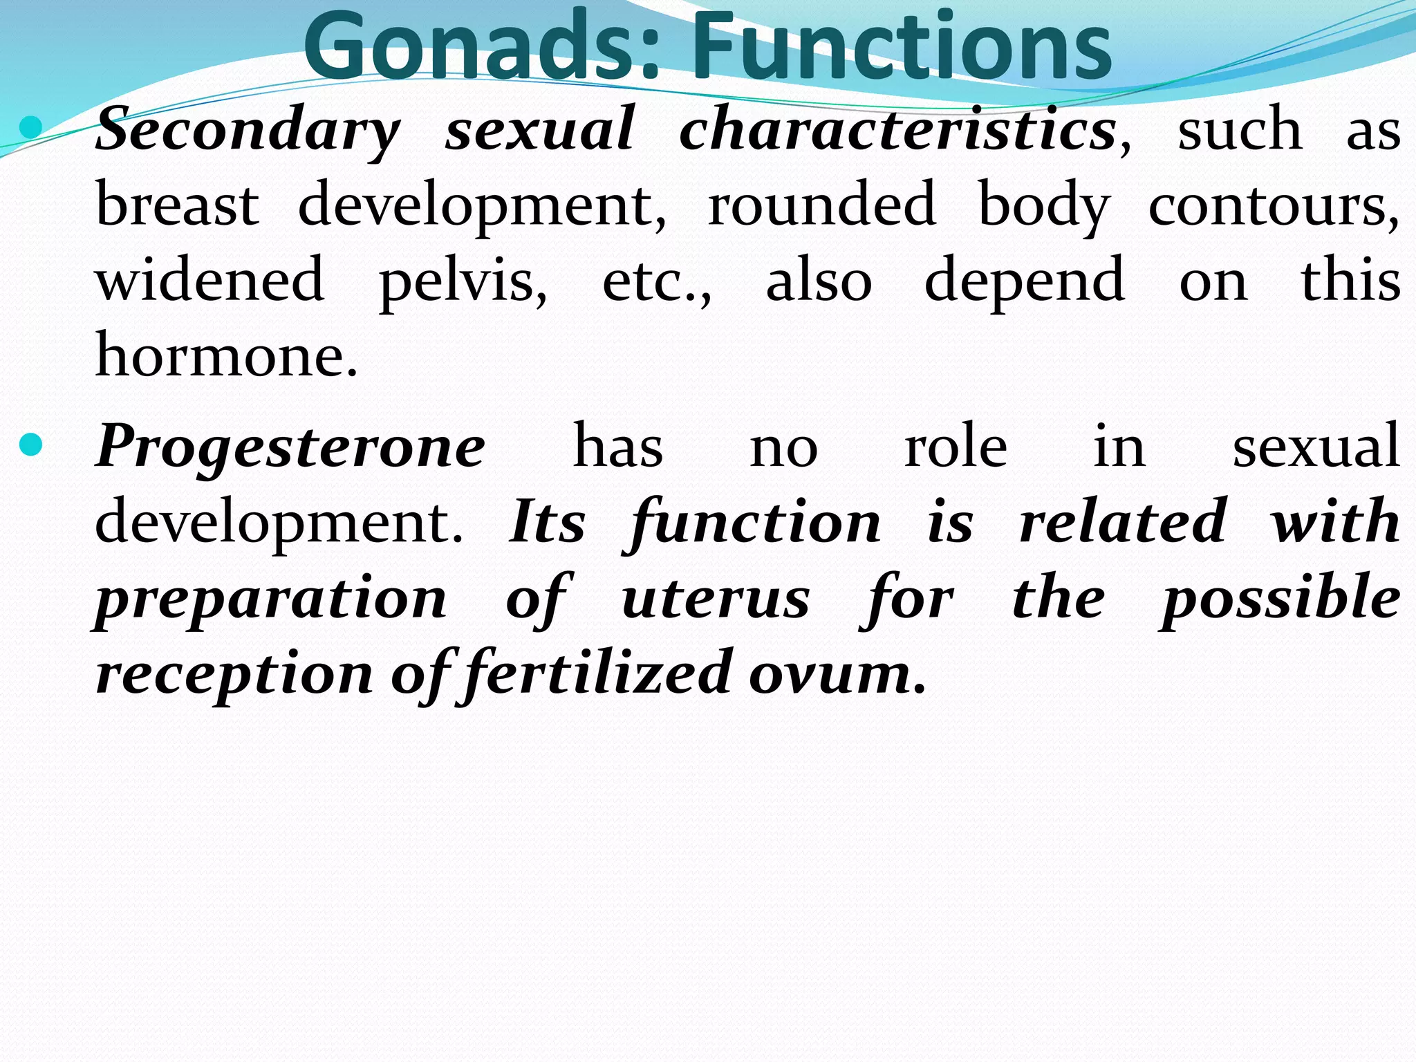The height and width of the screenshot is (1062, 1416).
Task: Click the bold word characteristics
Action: click(897, 129)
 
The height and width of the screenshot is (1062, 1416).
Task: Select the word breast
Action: click(178, 205)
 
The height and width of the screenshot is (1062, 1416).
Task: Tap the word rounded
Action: click(822, 205)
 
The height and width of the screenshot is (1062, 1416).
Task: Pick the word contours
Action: click(1272, 205)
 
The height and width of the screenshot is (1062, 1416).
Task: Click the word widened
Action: click(209, 281)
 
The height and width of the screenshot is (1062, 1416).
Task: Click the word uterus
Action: click(716, 599)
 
